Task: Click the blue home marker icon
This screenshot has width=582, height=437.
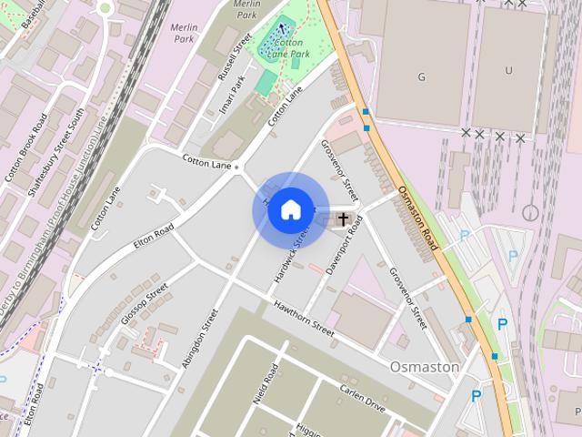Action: click(290, 210)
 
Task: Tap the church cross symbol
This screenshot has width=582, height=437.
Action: click(344, 218)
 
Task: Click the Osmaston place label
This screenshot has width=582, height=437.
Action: click(424, 366)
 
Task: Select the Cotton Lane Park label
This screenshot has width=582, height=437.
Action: click(289, 47)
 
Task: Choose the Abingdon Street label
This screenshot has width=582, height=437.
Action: click(200, 339)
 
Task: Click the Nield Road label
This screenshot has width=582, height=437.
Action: click(270, 385)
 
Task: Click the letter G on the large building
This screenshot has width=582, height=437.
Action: click(421, 76)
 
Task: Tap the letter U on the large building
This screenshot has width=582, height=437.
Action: click(508, 70)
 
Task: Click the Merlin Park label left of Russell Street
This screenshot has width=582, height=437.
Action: click(184, 34)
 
